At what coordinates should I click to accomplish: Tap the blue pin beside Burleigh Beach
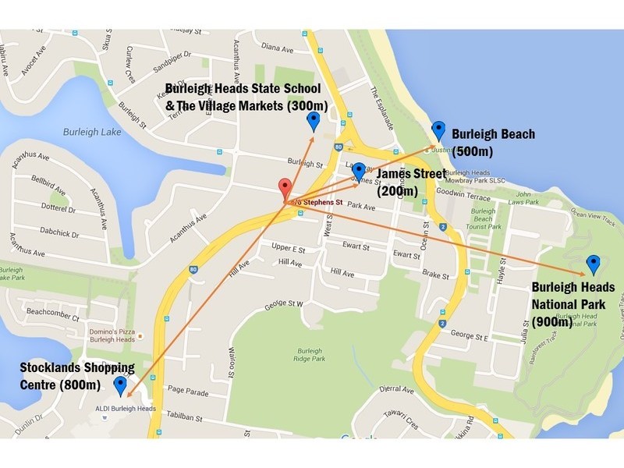[x=438, y=130]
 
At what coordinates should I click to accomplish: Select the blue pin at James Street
[x=359, y=171]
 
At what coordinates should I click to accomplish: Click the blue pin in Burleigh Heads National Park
[x=593, y=264]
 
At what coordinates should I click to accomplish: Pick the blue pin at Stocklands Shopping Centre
[x=120, y=385]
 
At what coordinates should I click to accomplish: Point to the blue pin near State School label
[x=314, y=121]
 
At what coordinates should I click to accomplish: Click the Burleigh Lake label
[x=93, y=133]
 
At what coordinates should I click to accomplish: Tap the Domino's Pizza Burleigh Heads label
[x=108, y=334]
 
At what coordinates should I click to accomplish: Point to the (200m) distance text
[x=397, y=190]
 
